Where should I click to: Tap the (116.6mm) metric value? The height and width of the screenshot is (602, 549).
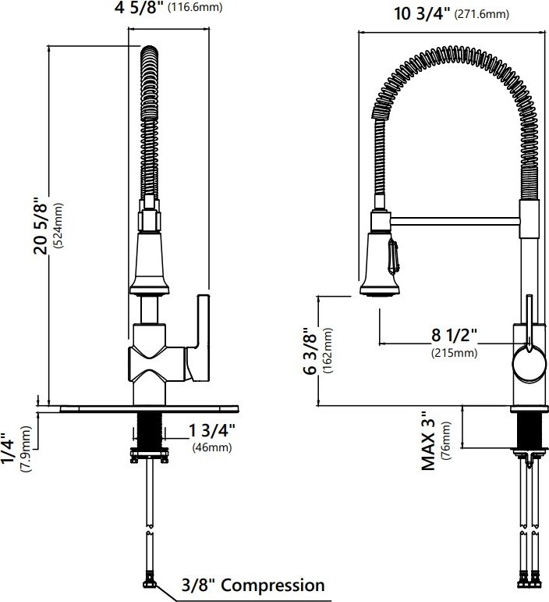[x=195, y=7]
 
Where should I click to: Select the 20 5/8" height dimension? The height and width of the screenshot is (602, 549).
[x=41, y=226]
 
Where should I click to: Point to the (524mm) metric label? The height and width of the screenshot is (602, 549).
[x=58, y=226]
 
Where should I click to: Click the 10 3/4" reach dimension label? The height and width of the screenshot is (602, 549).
[x=422, y=14]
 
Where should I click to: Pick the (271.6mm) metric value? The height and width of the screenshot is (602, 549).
[x=481, y=14]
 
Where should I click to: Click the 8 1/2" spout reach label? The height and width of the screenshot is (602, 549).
[x=455, y=335]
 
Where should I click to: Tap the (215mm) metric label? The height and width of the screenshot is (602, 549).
[x=455, y=352]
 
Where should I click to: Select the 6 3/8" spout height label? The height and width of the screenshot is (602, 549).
[x=310, y=351]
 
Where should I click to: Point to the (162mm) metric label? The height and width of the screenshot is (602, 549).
[x=328, y=351]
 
